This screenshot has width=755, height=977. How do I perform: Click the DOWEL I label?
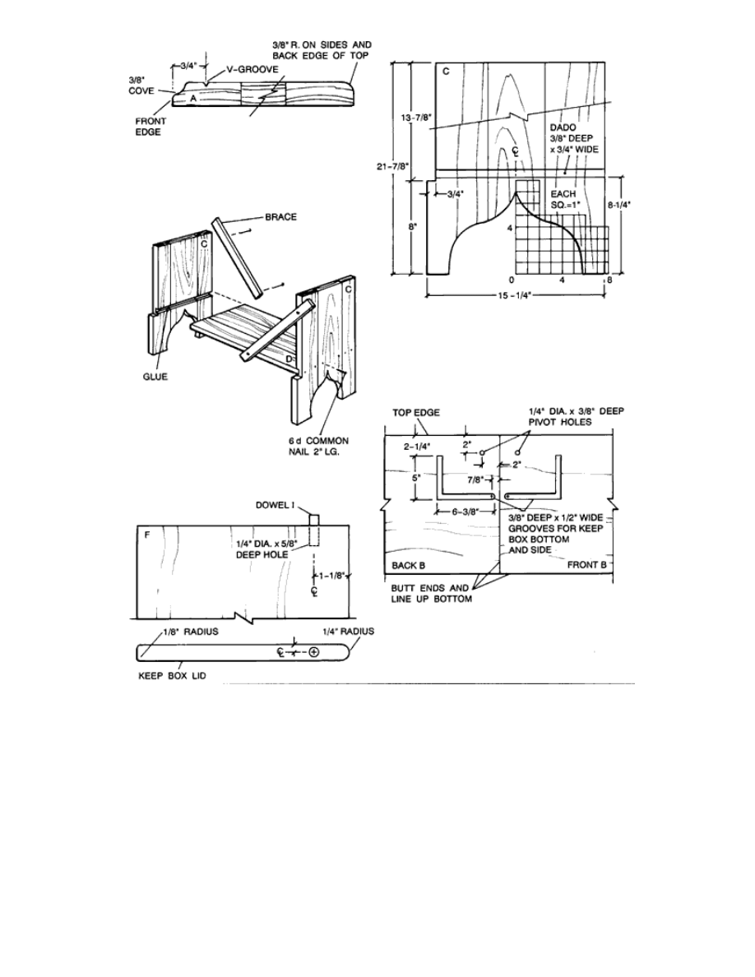[281, 505]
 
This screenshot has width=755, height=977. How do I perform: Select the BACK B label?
[407, 566]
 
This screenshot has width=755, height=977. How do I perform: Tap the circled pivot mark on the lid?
[313, 651]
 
